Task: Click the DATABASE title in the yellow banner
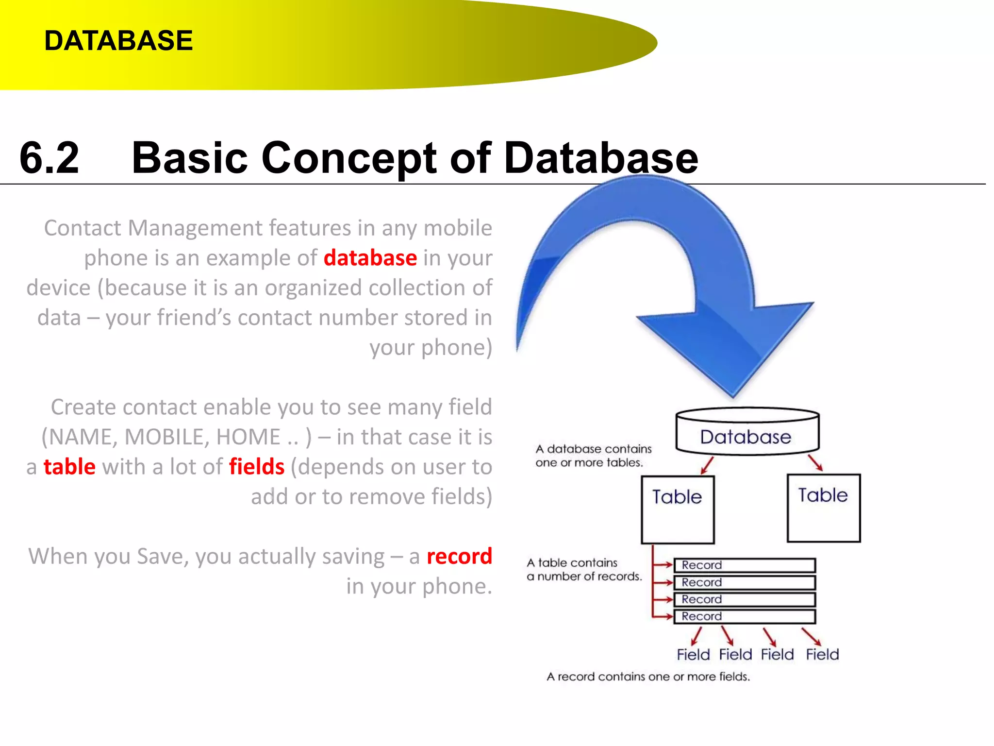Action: [x=118, y=40]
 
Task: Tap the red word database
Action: [x=370, y=258]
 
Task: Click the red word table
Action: [x=69, y=467]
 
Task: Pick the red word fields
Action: [x=257, y=467]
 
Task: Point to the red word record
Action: [x=459, y=556]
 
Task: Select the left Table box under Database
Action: [x=678, y=509]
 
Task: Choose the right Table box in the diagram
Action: [x=823, y=508]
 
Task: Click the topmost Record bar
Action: [x=744, y=565]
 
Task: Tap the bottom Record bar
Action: [x=744, y=616]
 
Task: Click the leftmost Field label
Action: [x=693, y=655]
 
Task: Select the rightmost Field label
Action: [x=822, y=654]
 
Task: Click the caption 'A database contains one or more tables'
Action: [x=593, y=456]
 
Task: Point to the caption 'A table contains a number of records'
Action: [x=584, y=569]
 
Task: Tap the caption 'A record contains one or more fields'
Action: [x=648, y=677]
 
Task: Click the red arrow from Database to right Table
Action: [x=815, y=462]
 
